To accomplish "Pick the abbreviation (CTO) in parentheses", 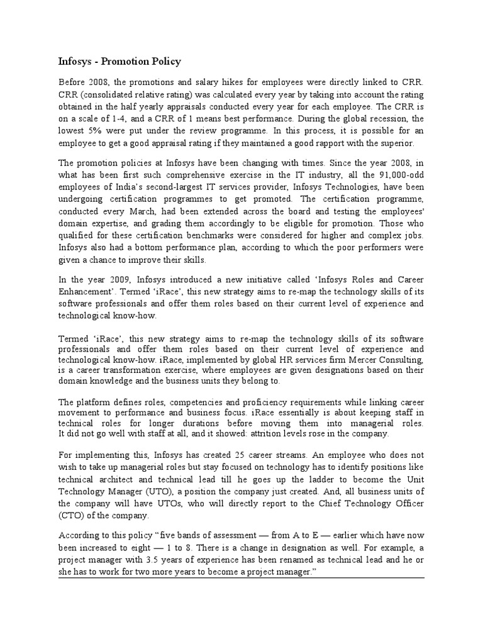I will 72,516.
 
